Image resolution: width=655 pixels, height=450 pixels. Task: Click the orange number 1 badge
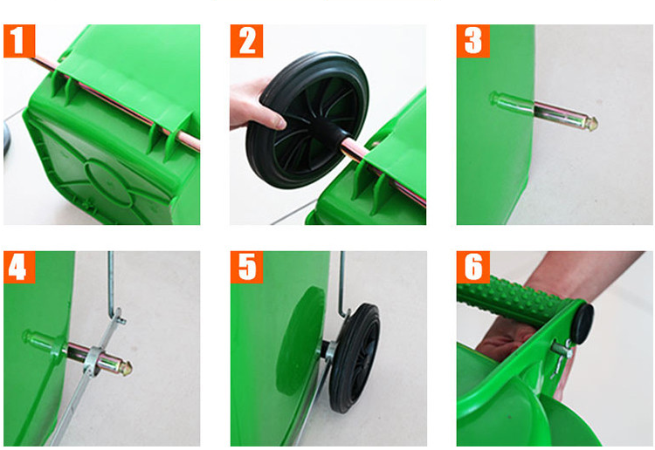(x=19, y=41)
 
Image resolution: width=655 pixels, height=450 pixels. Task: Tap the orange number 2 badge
(x=246, y=41)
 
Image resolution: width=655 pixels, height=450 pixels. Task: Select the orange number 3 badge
(x=472, y=41)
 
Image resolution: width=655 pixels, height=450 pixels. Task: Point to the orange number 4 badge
(x=19, y=267)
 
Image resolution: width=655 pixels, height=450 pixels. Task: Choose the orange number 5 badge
(x=246, y=267)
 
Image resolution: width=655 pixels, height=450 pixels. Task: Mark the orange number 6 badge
(x=472, y=267)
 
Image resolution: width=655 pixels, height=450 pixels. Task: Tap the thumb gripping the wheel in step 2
(x=272, y=116)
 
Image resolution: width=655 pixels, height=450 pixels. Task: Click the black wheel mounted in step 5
(x=355, y=358)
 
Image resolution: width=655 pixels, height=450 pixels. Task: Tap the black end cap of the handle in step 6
(x=582, y=324)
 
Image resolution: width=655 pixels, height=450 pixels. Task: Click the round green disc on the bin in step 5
(x=300, y=340)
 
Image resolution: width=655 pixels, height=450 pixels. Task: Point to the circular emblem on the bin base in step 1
(x=109, y=182)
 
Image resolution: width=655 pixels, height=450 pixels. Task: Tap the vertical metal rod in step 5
(x=342, y=283)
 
